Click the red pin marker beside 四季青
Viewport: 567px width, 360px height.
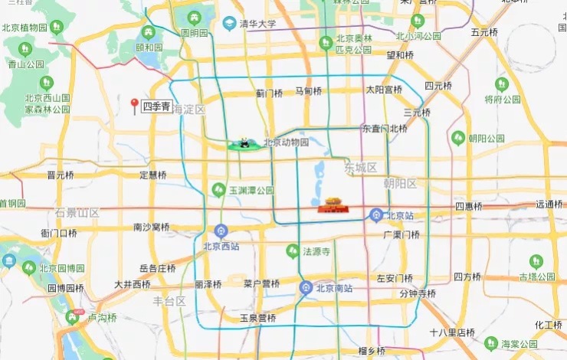pyautogui.click(x=135, y=106)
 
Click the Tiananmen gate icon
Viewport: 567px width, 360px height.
pyautogui.click(x=331, y=205)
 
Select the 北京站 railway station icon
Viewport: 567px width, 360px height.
pyautogui.click(x=375, y=214)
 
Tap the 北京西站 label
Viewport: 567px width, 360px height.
pyautogui.click(x=221, y=247)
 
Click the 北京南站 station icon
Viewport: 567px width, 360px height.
pyautogui.click(x=305, y=288)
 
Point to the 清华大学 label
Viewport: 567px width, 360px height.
pyautogui.click(x=257, y=25)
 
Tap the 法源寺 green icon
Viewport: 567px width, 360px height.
pyautogui.click(x=292, y=250)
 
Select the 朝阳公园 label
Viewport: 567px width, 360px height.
pyautogui.click(x=487, y=139)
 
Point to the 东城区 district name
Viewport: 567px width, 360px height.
pyautogui.click(x=361, y=168)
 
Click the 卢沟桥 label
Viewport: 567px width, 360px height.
pyautogui.click(x=102, y=318)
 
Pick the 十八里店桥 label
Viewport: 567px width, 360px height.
pyautogui.click(x=452, y=332)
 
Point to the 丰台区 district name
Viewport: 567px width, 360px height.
pyautogui.click(x=169, y=301)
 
